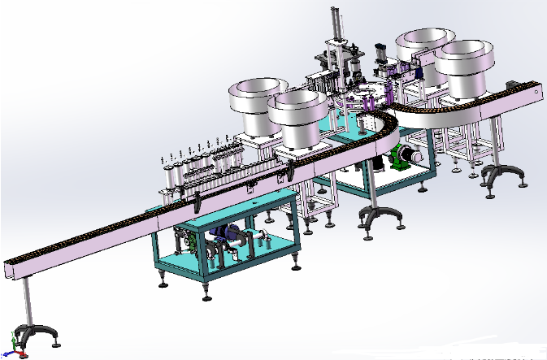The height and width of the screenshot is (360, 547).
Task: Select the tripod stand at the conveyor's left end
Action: click(33, 334)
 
